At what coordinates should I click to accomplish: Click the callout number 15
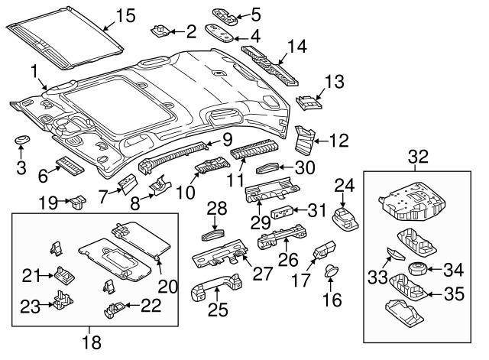tap(125, 15)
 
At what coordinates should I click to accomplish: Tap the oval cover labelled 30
tap(268, 168)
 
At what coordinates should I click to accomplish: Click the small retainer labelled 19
tap(76, 203)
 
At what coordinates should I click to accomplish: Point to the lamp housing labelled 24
tap(345, 216)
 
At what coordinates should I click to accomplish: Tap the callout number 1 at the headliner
tap(34, 71)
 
